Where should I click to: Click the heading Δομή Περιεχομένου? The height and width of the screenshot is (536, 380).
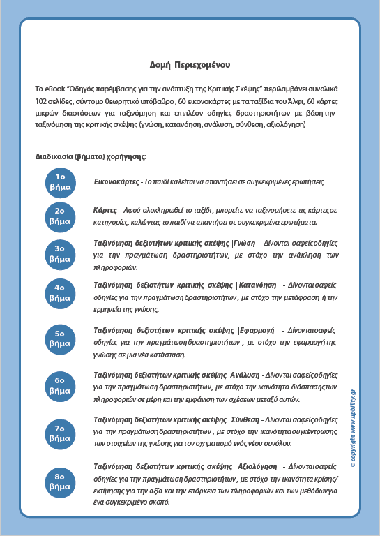tap(190, 64)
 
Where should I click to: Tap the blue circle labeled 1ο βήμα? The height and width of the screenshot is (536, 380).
tap(61, 181)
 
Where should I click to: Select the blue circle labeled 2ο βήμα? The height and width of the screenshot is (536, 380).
tap(61, 216)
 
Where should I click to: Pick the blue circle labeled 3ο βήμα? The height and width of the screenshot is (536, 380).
tap(61, 253)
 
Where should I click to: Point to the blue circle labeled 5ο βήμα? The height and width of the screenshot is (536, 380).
tap(61, 338)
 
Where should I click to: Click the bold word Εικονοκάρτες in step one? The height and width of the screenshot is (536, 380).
tap(116, 181)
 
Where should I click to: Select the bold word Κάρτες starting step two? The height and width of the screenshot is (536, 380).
tap(105, 210)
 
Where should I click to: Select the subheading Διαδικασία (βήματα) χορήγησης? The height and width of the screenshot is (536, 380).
tap(91, 156)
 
